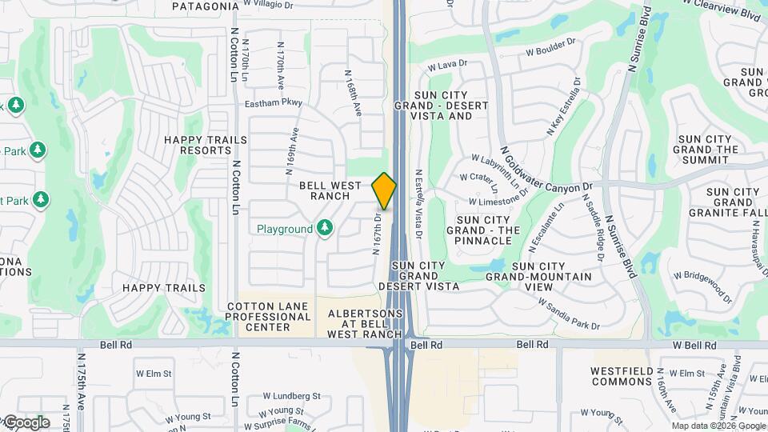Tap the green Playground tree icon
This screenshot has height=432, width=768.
click(x=324, y=229)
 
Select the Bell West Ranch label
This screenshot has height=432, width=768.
click(x=325, y=190)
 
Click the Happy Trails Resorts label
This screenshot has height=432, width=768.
click(x=198, y=145)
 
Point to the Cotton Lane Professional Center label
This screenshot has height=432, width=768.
click(x=269, y=317)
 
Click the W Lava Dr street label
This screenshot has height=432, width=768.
click(x=447, y=65)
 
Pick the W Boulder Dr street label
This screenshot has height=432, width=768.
click(x=550, y=53)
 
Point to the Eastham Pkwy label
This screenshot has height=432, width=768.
click(x=274, y=102)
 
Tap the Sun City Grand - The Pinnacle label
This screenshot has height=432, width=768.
click(x=483, y=230)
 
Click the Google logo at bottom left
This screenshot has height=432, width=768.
click(x=26, y=422)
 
